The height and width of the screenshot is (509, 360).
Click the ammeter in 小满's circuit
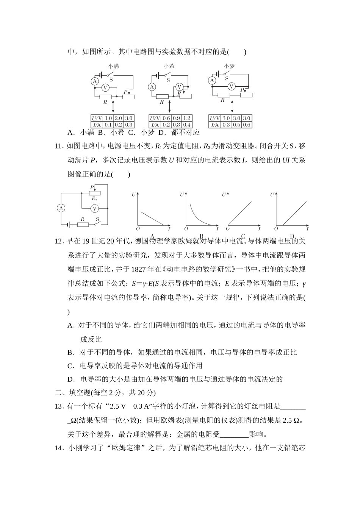(95, 81)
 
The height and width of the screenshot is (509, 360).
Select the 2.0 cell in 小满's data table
(118, 119)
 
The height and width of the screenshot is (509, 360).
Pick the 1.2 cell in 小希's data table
(187, 119)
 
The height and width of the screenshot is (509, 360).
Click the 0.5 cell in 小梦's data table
(236, 125)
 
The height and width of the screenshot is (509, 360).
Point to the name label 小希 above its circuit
(169, 66)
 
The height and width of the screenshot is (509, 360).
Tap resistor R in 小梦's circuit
(224, 95)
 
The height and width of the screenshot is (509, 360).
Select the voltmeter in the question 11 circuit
(95, 208)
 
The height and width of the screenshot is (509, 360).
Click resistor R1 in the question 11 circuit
(83, 224)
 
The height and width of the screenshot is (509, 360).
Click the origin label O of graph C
(228, 229)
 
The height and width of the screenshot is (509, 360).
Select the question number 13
(59, 406)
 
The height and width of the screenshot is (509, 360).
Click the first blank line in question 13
(293, 408)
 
